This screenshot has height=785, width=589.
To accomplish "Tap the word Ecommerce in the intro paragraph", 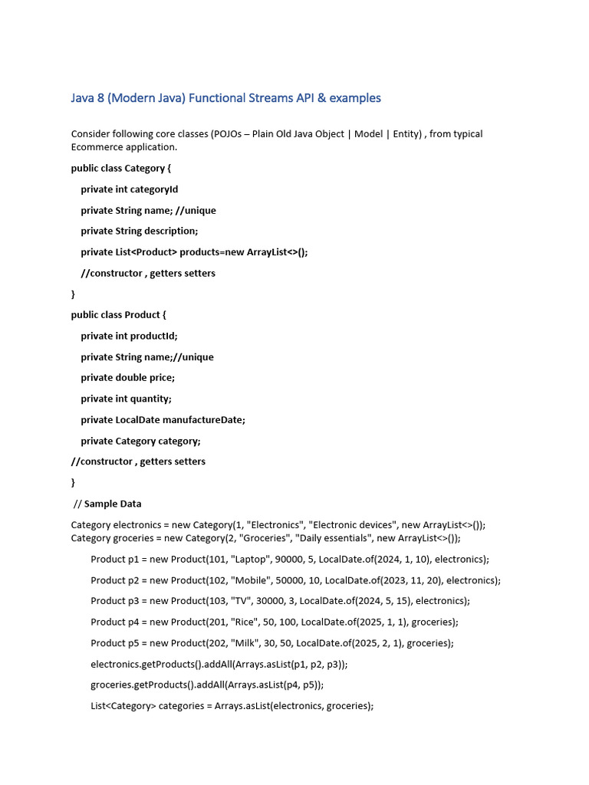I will pos(96,147).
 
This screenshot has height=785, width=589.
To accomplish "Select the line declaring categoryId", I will pos(129,189).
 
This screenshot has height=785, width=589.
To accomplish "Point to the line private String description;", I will pos(139,231).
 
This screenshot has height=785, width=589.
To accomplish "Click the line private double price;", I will pos(127,377).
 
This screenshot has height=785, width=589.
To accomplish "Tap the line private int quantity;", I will pos(126,399).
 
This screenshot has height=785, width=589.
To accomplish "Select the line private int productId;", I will pos(129,336).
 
